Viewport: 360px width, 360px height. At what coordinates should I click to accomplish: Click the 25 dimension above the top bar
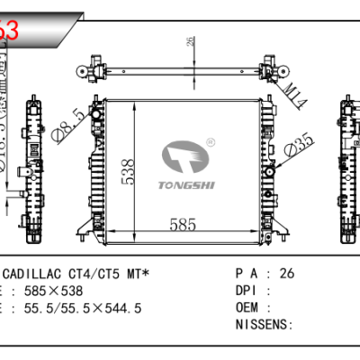(x=191, y=40)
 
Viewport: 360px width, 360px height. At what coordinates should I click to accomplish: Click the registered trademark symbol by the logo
(x=211, y=142)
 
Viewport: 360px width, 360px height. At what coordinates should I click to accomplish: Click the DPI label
(x=248, y=291)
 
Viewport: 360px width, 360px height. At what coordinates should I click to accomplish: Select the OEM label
(x=248, y=308)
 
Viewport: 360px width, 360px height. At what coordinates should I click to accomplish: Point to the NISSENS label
(x=263, y=324)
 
